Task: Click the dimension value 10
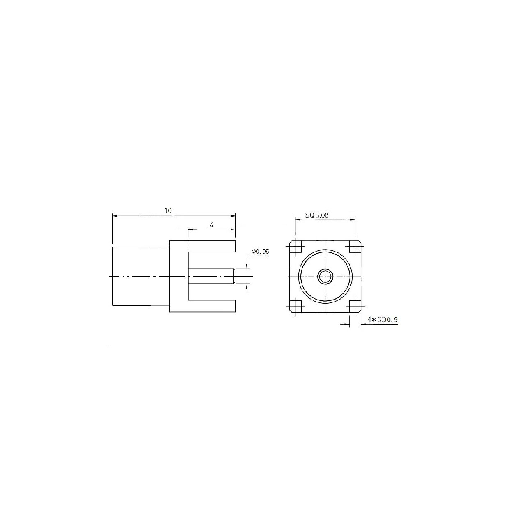pos(168,210)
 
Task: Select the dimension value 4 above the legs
pos(211,224)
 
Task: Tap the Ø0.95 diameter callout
pos(260,251)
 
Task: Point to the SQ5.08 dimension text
pos(316,215)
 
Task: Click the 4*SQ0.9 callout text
pos(382,319)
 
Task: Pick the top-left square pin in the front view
pos(295,247)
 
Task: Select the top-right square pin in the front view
pos(354,247)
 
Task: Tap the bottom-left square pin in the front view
pos(295,306)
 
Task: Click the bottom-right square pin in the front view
pos(354,306)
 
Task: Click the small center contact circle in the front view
pos(325,277)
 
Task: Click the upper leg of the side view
pos(211,246)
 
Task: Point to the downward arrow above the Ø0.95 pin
pos(247,266)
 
